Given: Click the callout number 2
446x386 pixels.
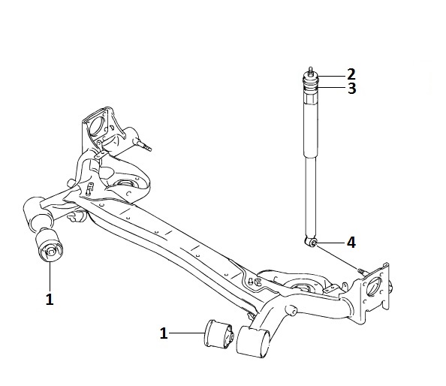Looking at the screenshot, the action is point(351,74).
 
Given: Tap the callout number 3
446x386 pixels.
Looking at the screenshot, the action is point(352,89).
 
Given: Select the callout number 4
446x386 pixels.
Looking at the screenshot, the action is point(351,243).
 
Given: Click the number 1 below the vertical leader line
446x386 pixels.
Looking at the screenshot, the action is point(50,299).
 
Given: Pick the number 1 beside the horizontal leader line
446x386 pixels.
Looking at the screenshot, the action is point(164,333).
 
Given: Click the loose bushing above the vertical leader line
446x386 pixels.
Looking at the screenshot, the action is point(49,246).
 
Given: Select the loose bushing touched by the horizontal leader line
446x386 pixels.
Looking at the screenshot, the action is point(219,333).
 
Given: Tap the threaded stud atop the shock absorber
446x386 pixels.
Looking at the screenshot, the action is point(310,71).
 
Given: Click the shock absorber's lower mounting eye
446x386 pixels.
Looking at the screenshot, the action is point(311,242).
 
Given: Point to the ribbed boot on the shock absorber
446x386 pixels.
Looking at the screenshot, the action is point(310,85).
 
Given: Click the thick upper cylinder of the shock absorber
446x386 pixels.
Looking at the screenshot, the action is point(310,127).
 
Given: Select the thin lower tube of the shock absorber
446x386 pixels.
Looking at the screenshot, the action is point(311,197).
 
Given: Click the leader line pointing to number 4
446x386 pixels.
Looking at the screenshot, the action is point(331,243).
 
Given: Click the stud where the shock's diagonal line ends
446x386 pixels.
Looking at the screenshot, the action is point(362,271).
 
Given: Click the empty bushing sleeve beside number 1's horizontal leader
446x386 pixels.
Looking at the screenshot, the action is point(253,342).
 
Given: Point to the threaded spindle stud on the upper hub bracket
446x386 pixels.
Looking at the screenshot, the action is point(143,145).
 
